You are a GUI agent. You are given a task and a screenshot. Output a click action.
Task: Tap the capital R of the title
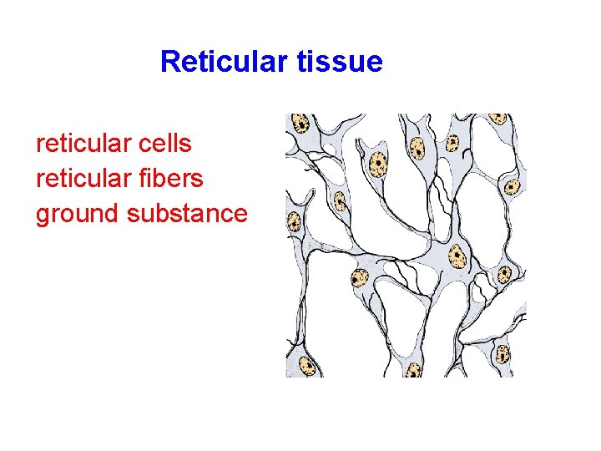coord(169,62)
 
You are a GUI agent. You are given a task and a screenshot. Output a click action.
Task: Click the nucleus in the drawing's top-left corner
coord(300,124)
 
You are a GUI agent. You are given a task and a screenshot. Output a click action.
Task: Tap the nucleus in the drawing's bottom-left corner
coord(306,365)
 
